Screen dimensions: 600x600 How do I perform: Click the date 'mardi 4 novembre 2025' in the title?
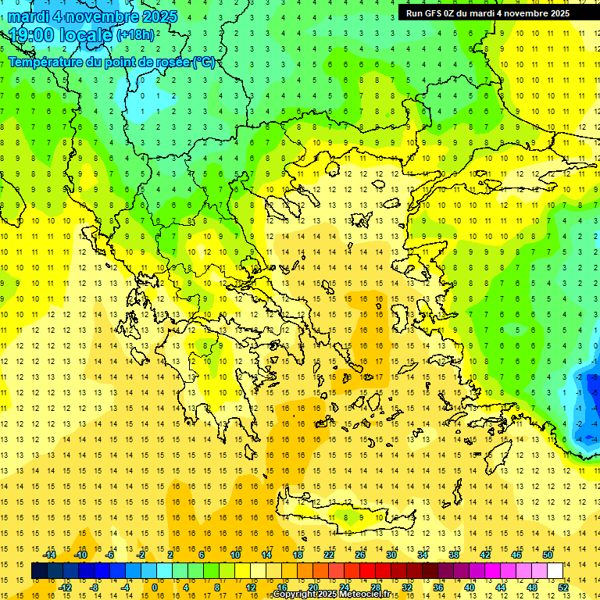[93, 16]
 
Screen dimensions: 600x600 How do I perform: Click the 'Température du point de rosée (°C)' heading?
[112, 62]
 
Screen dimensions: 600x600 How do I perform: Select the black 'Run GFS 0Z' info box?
[487, 12]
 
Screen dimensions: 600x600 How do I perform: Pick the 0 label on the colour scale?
[154, 587]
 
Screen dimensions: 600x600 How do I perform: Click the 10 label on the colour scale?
[234, 554]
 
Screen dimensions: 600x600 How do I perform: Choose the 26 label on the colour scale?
[360, 554]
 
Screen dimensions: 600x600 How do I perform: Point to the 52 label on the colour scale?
[563, 587]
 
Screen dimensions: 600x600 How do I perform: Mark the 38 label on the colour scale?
[454, 554]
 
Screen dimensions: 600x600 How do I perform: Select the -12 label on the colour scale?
[65, 587]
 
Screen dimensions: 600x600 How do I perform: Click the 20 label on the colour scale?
[312, 587]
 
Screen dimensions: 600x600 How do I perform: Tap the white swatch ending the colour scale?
[555, 570]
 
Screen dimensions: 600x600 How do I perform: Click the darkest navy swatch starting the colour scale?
[39, 570]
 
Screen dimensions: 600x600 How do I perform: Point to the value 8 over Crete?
[346, 516]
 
